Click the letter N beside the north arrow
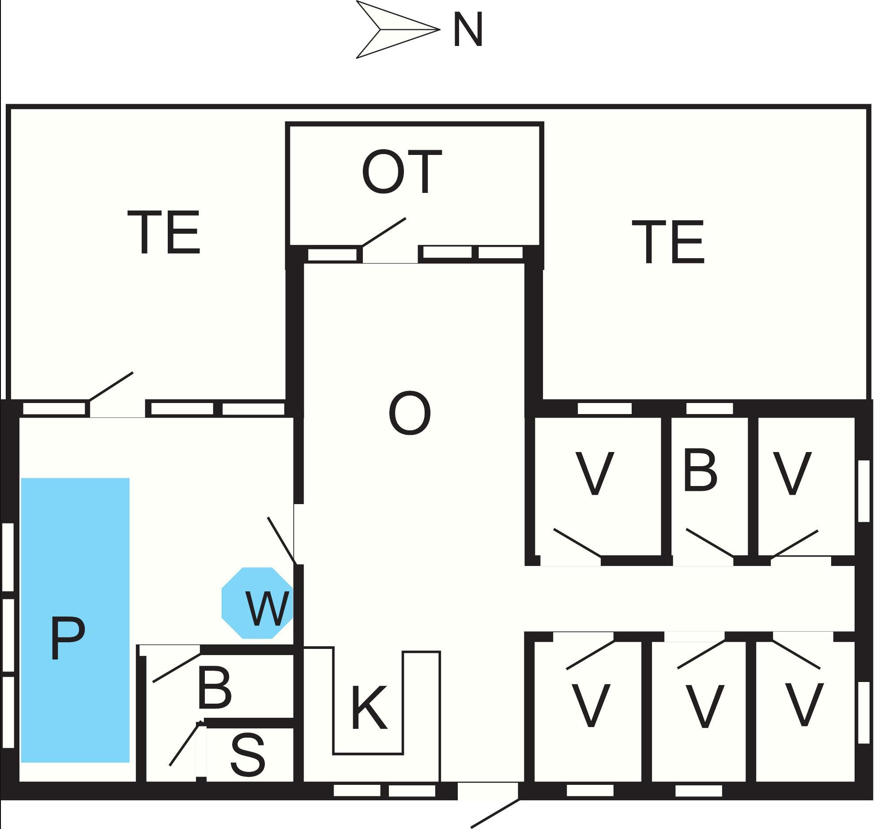[x=467, y=30]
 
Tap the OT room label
[x=401, y=172]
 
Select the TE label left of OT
[x=164, y=233]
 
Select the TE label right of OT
[x=668, y=242]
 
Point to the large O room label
[x=410, y=413]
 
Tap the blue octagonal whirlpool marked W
[x=258, y=603]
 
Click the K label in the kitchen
[x=369, y=708]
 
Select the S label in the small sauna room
[x=248, y=755]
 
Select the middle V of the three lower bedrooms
[x=704, y=706]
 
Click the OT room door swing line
[x=384, y=232]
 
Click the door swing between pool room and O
[x=281, y=540]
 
